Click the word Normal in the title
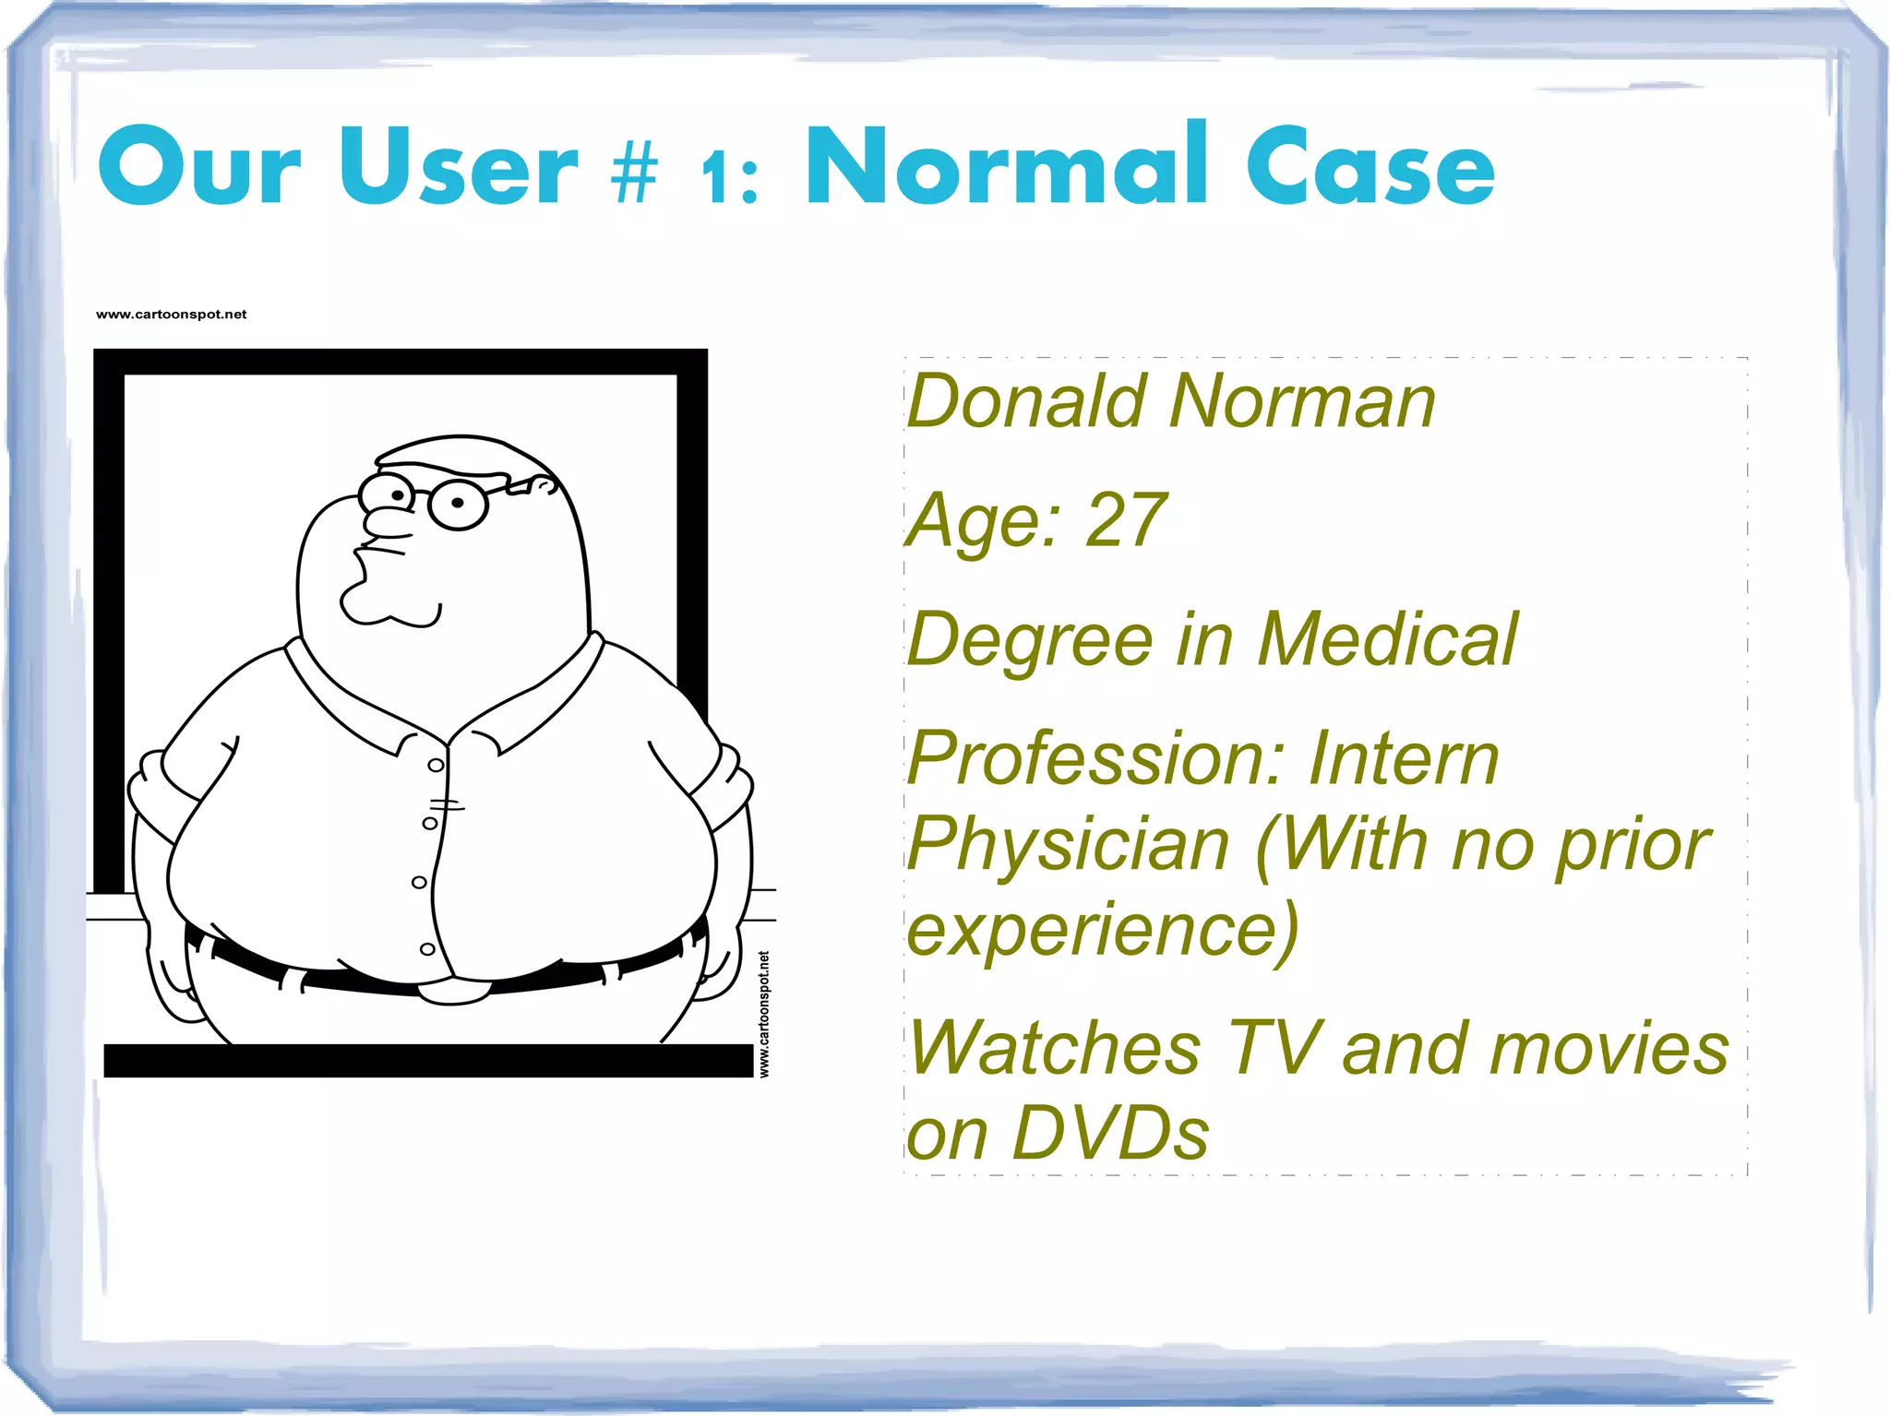[1006, 166]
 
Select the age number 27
[1126, 520]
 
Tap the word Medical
[1387, 639]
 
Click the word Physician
[1069, 844]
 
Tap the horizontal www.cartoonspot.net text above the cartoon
[172, 315]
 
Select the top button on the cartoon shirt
[437, 765]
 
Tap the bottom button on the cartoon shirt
[427, 949]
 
